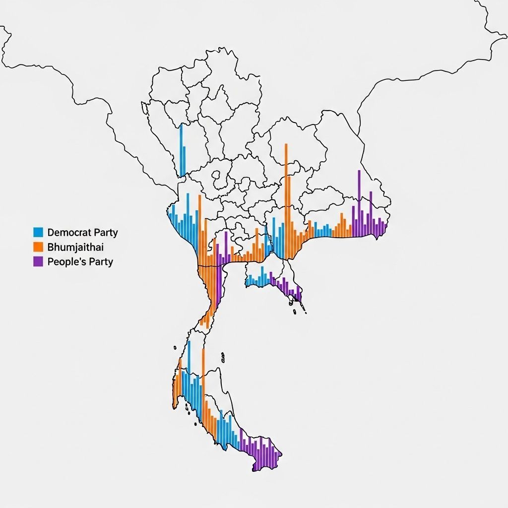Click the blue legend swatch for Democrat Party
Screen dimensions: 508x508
pyautogui.click(x=38, y=232)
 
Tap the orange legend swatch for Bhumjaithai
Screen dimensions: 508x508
pyautogui.click(x=38, y=247)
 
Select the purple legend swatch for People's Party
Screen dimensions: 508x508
pyautogui.click(x=38, y=261)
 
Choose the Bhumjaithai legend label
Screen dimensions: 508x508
pyautogui.click(x=75, y=247)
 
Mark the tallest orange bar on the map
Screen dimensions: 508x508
pyautogui.click(x=286, y=198)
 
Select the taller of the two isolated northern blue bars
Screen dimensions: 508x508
pyautogui.click(x=181, y=149)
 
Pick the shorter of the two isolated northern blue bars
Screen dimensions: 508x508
pyautogui.click(x=185, y=161)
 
